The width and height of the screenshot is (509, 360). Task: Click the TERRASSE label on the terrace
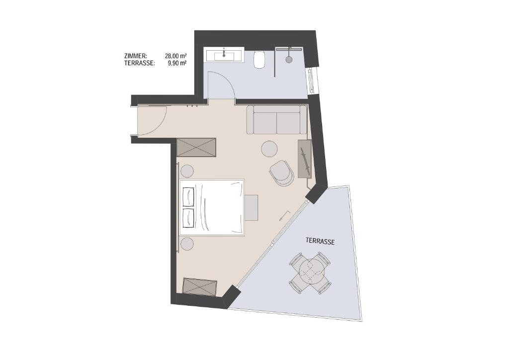pyautogui.click(x=320, y=241)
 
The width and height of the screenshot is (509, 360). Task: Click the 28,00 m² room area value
pyautogui.click(x=175, y=56)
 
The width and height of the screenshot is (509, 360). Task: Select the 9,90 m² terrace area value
pyautogui.click(x=177, y=63)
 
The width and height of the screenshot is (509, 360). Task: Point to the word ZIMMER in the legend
pyautogui.click(x=136, y=56)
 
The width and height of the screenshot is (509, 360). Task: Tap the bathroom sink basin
pyautogui.click(x=225, y=57)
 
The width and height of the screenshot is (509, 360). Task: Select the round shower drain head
pyautogui.click(x=289, y=59)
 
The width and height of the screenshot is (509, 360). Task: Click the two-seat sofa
pyautogui.click(x=276, y=119)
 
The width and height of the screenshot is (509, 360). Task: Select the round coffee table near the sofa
pyautogui.click(x=269, y=149)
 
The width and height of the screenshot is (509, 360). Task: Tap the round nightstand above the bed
pyautogui.click(x=187, y=171)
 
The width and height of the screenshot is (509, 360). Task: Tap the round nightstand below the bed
pyautogui.click(x=187, y=244)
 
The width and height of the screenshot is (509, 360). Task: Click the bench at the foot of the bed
pyautogui.click(x=251, y=207)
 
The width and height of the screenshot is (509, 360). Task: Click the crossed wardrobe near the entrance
pyautogui.click(x=196, y=147)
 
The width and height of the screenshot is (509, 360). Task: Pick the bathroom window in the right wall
pyautogui.click(x=313, y=80)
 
